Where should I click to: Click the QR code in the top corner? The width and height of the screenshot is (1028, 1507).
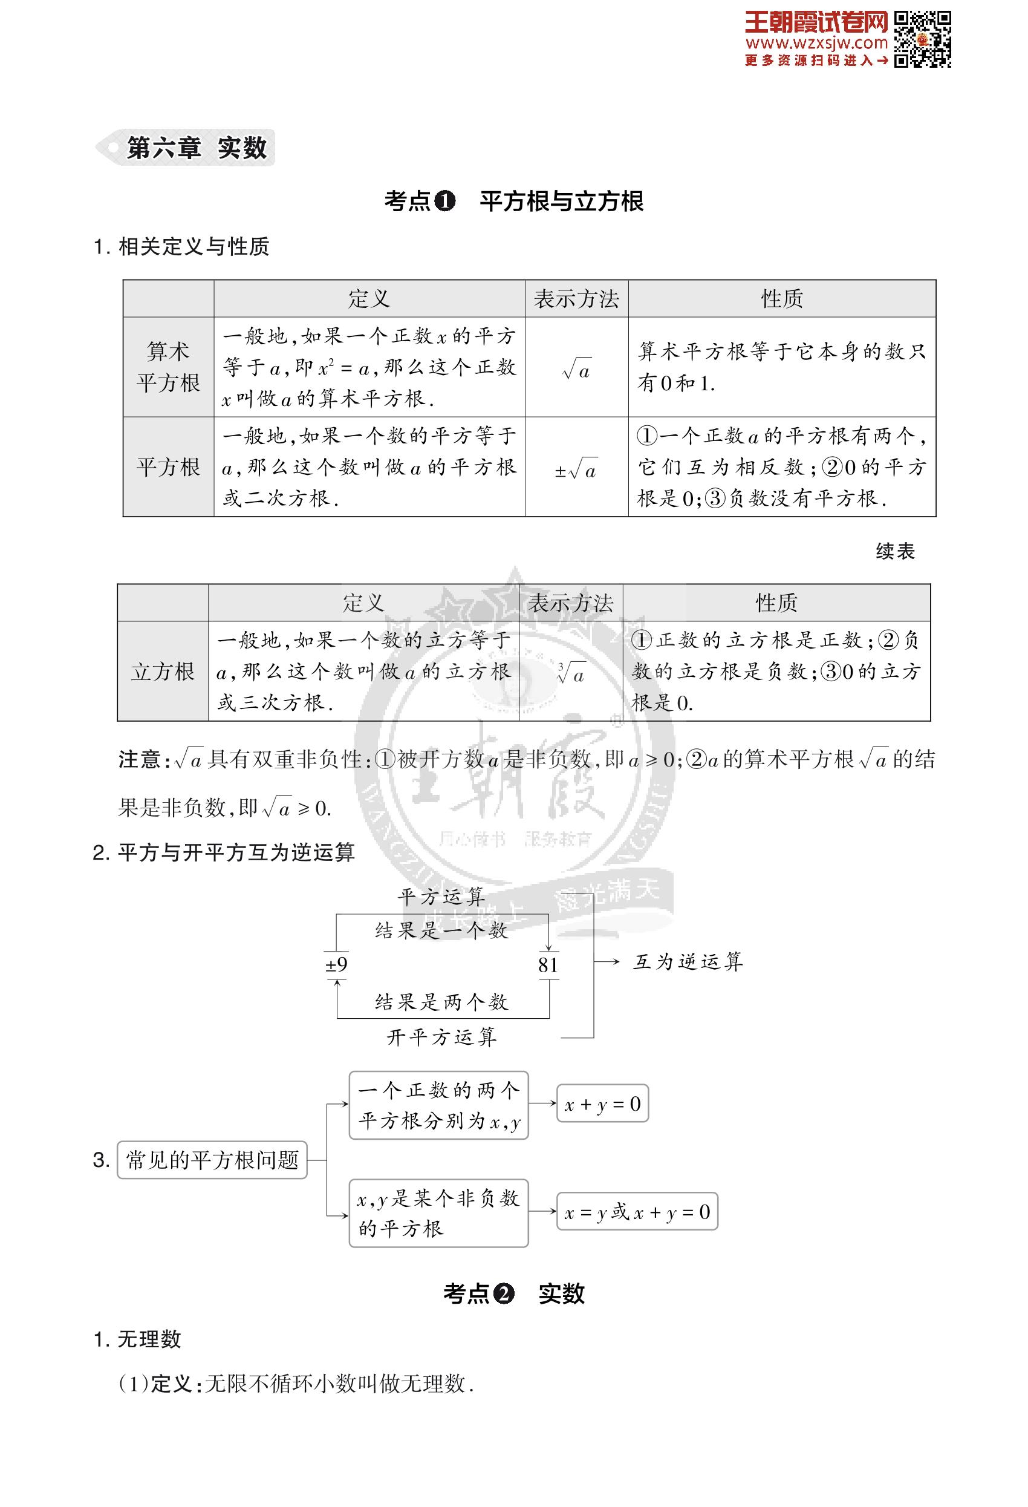point(922,39)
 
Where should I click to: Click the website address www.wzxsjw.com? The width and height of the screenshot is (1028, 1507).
point(816,44)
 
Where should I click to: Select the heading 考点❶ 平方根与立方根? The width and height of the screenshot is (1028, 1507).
point(513,201)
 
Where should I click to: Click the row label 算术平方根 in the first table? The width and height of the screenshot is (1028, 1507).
point(168,367)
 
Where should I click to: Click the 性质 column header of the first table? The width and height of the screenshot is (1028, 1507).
point(782,299)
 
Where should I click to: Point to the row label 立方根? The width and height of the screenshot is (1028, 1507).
point(163,672)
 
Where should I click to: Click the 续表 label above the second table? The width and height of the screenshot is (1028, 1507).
point(895,551)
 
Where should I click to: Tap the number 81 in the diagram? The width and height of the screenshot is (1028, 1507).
point(548,965)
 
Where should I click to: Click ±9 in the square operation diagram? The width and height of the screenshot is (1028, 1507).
point(336,964)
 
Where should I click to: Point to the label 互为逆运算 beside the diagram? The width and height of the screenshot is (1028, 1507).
point(688,962)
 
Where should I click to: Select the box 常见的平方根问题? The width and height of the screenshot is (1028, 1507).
point(212,1160)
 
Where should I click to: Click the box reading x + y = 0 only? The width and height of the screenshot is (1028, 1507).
point(602,1104)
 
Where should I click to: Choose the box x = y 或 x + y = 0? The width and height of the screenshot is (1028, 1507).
point(637,1212)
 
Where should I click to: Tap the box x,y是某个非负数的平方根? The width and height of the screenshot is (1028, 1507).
point(439,1213)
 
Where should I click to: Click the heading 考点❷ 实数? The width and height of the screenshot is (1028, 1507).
point(513,1293)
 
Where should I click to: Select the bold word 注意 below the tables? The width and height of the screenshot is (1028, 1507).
point(139,759)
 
